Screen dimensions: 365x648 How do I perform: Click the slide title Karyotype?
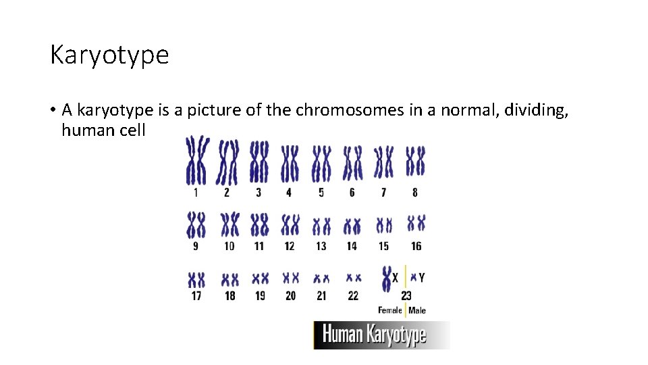coord(109,55)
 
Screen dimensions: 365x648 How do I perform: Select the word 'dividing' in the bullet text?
coord(533,110)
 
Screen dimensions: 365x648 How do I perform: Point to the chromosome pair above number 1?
coord(197,160)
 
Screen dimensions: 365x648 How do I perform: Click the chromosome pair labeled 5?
coord(321,163)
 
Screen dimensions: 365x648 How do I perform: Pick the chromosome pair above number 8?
coord(415,162)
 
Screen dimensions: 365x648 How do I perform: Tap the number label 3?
coord(259,193)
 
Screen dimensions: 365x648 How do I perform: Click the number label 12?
coord(290,246)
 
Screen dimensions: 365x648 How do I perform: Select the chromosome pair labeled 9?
coord(196,224)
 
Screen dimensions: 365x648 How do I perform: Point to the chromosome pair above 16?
coord(416,222)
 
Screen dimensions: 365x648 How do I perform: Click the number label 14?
coord(352,246)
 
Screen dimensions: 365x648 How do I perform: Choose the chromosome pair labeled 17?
coord(196,279)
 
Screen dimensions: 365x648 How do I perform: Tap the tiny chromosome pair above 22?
coord(352,278)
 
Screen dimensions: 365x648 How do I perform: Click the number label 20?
coord(290,295)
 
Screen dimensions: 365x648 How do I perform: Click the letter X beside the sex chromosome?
coord(396,277)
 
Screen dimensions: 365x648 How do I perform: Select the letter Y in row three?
coord(422,277)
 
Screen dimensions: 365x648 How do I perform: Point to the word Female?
coord(389,311)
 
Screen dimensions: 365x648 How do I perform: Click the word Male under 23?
coord(417,311)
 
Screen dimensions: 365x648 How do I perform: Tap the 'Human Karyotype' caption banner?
coord(381,335)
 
